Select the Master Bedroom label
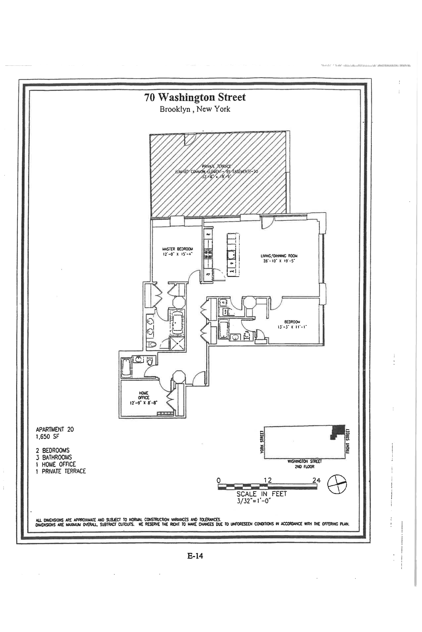tap(178, 249)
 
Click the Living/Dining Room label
tap(279, 256)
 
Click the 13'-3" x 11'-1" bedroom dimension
tap(292, 327)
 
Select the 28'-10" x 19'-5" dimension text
tap(279, 261)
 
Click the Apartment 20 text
tap(55, 429)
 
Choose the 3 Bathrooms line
tap(54, 457)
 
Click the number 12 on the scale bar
tap(268, 480)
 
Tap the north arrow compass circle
tap(337, 484)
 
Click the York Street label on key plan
tap(262, 442)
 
